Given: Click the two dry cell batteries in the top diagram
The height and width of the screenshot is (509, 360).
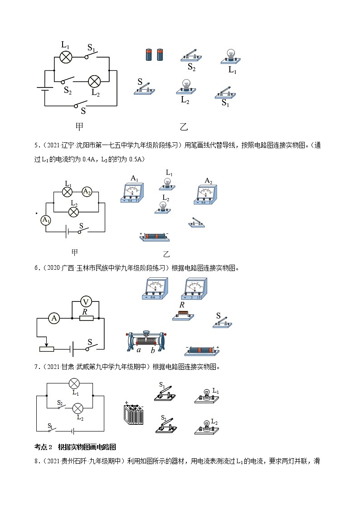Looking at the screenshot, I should tap(154, 55).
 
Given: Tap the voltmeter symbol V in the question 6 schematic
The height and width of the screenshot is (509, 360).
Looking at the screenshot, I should tap(87, 301).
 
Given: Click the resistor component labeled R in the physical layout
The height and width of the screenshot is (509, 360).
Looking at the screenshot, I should tap(184, 316).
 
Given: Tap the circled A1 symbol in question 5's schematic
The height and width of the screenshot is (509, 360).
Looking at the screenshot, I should tap(45, 220).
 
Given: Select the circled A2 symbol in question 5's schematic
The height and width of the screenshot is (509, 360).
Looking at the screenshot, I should tap(87, 192).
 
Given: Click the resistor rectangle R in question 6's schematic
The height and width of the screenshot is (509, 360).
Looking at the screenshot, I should tap(86, 318).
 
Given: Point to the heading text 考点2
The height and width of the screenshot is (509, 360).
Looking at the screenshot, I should tap(44, 447).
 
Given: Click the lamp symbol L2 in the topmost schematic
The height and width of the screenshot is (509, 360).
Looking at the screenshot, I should tap(94, 81).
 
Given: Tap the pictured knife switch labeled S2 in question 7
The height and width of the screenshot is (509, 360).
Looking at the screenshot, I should tap(164, 424).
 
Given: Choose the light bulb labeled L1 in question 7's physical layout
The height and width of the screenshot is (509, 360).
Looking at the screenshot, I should tap(206, 395).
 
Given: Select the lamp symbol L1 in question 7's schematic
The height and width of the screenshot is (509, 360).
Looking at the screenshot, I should tap(74, 383).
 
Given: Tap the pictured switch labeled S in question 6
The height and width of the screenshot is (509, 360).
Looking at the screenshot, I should tap(222, 322).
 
